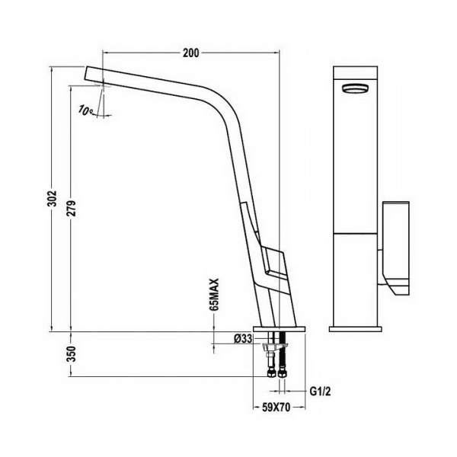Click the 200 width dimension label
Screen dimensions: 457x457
coord(191,53)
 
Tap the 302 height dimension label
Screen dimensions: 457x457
coord(52,199)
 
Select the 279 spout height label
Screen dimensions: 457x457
coord(72,208)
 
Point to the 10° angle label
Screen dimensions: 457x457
coord(85,110)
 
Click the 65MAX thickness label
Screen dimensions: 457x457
coord(215,295)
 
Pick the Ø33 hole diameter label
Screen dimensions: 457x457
coord(243,339)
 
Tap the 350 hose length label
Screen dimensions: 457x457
coord(72,354)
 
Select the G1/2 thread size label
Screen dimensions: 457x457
coord(320,391)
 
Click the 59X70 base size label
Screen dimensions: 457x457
coord(276,407)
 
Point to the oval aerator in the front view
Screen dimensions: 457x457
coord(355,88)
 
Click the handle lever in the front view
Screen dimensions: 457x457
coord(395,248)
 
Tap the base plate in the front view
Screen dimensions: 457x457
coord(355,329)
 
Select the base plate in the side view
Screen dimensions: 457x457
coord(279,329)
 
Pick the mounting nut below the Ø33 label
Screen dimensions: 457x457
coord(275,347)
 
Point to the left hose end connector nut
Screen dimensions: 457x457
coord(270,374)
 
